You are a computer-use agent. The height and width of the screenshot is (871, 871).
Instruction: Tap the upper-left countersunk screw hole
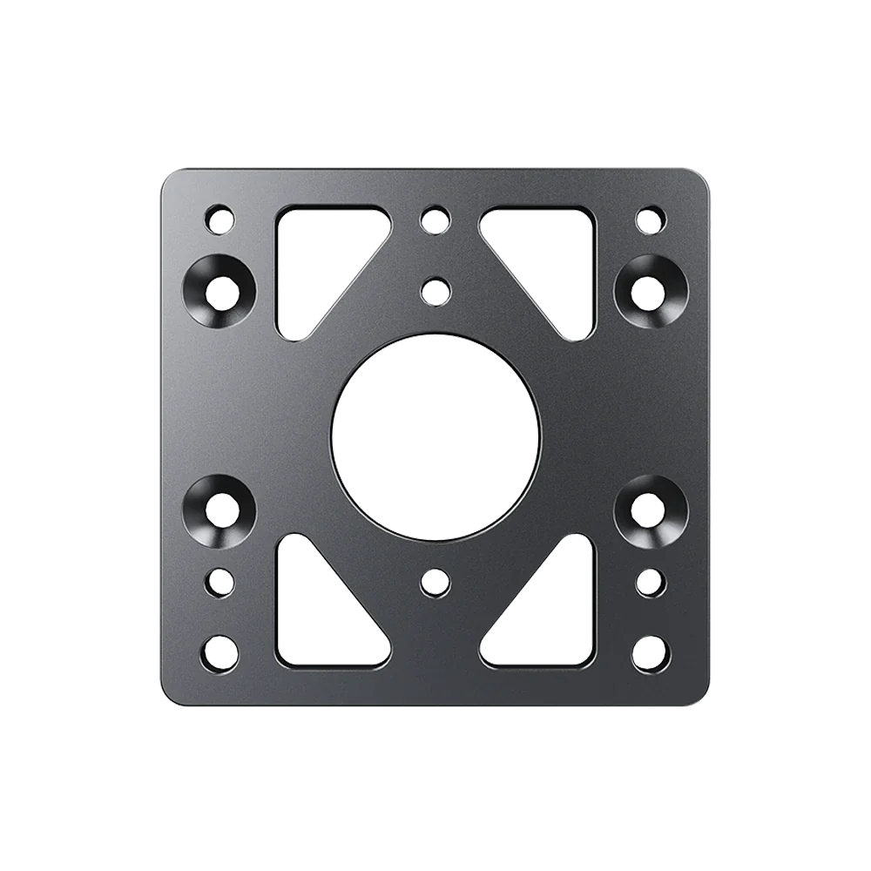point(222,293)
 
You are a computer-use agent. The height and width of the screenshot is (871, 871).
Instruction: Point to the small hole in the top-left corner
point(220,218)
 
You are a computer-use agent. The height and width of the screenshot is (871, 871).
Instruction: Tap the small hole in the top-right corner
point(650,218)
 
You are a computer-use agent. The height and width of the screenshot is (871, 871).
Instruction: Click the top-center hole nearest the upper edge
point(434,219)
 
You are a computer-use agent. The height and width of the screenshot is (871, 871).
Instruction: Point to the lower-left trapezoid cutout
point(314,618)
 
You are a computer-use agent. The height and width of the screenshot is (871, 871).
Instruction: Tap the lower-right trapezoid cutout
point(557,618)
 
